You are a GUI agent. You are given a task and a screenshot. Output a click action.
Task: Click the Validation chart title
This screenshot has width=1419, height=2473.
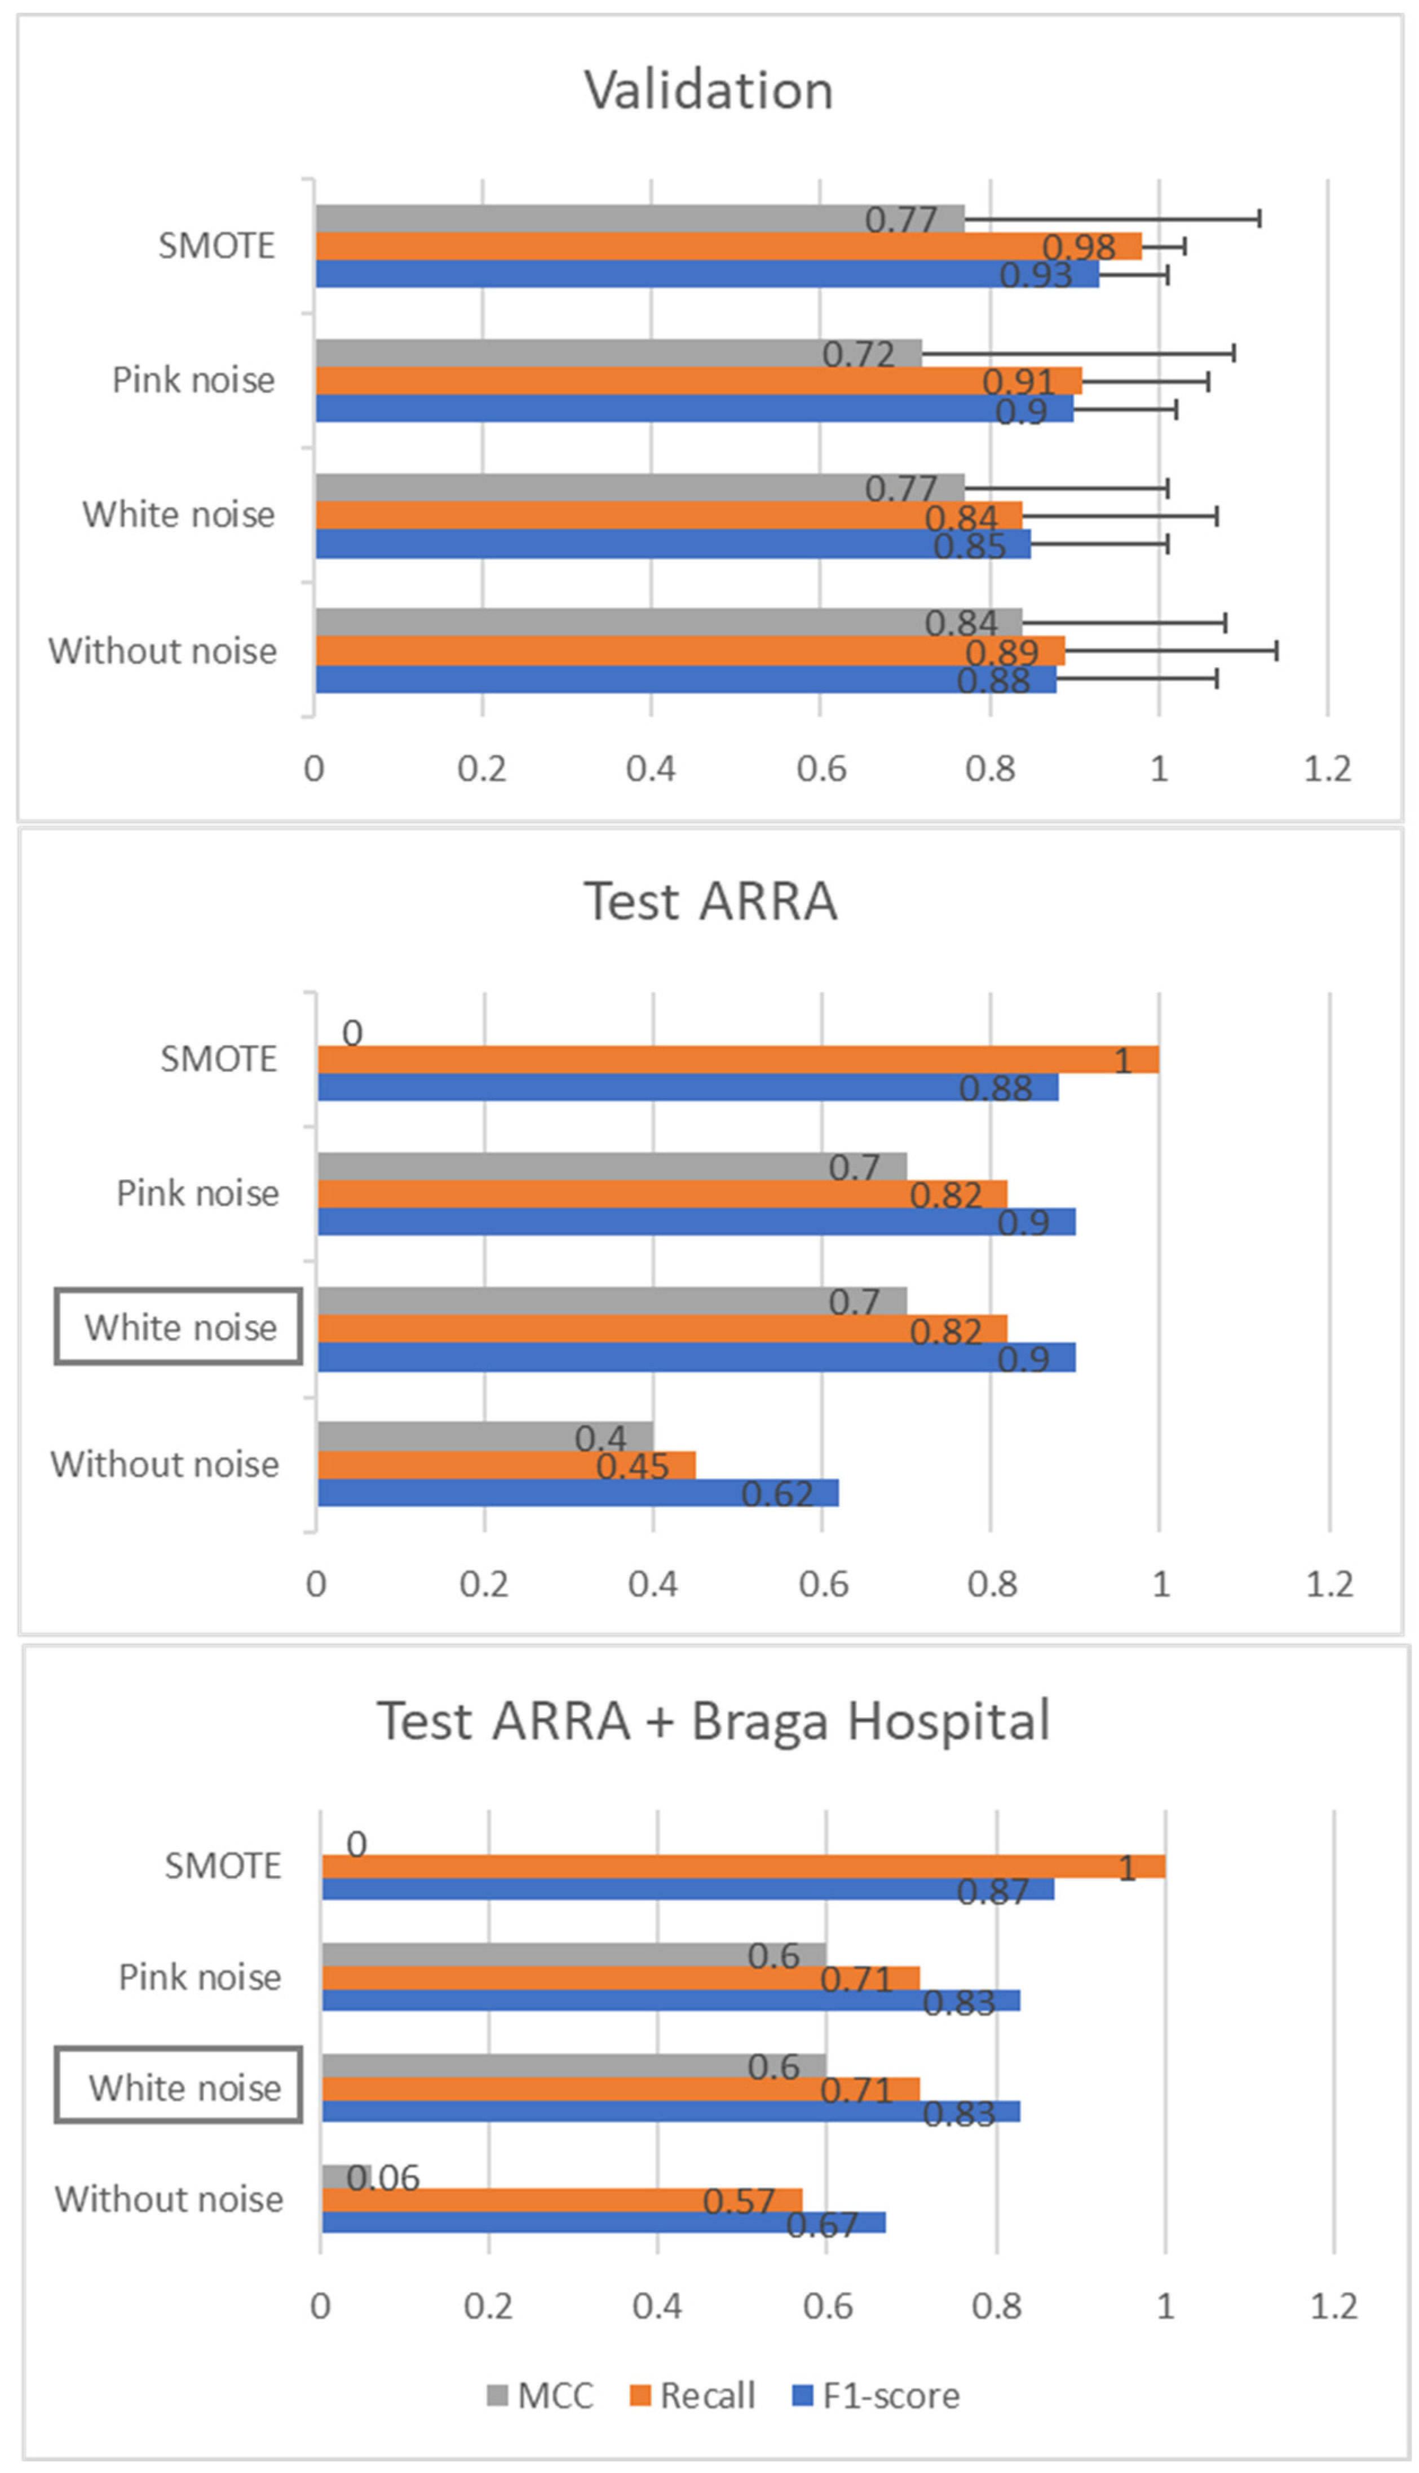[709, 91]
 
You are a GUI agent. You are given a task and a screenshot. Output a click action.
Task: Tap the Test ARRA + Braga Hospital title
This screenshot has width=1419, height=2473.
[713, 1721]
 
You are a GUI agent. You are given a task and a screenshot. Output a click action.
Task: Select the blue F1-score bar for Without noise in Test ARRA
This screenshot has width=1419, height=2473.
[578, 1492]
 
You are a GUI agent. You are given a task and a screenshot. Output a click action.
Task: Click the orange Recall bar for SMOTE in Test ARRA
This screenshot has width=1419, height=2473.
[738, 1060]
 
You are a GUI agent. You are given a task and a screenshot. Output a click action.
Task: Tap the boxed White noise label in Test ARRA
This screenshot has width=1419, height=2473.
[179, 1328]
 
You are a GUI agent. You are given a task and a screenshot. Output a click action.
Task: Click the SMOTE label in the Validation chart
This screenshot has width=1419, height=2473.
[216, 246]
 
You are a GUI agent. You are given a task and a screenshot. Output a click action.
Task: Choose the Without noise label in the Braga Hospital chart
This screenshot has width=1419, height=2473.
[169, 2199]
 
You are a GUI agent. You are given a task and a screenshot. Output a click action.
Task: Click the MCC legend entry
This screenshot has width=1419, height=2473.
[540, 2395]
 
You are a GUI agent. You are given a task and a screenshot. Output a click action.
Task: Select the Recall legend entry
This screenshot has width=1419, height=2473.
[693, 2395]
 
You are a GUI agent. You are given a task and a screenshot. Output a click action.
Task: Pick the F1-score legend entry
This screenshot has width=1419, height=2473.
[877, 2395]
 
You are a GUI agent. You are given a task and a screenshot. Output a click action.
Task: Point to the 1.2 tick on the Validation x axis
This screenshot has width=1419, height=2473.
[1328, 769]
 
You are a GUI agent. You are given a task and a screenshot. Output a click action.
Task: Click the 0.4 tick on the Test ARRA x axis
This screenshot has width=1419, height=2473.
[653, 1584]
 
